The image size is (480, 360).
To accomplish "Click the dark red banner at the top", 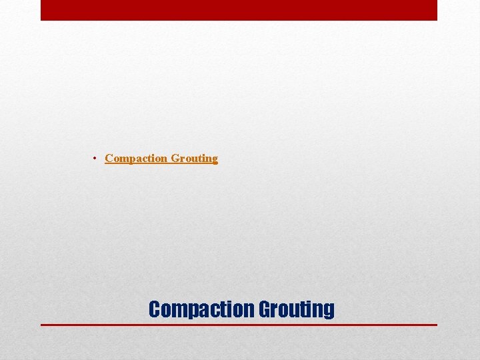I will [239, 10].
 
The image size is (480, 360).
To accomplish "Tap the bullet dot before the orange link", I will [96, 158].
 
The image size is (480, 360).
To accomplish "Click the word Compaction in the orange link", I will [136, 158].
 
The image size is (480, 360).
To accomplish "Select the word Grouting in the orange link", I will [195, 158].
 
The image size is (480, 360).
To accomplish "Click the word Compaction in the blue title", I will [201, 309].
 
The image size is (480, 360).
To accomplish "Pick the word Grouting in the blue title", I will [296, 309].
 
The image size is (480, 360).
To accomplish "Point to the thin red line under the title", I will [239, 325].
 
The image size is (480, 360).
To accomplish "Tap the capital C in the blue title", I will [154, 309].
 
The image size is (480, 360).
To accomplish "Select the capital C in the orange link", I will [109, 158].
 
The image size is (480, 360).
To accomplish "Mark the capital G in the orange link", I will [175, 158].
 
